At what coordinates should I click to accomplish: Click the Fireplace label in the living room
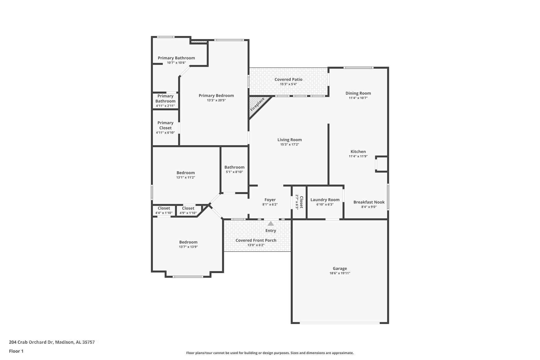[257, 104]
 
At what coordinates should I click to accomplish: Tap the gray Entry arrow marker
[271, 224]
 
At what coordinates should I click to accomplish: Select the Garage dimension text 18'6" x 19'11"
[340, 273]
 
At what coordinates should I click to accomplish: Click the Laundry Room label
[325, 200]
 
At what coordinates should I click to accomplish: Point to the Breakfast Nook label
[369, 202]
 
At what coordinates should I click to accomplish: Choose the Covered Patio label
[288, 79]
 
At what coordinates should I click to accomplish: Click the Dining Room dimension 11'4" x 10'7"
[358, 98]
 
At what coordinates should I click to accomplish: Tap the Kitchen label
[358, 152]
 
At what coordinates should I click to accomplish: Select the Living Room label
[289, 140]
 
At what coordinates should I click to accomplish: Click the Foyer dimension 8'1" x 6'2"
[270, 204]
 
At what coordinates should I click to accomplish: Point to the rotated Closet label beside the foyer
[301, 202]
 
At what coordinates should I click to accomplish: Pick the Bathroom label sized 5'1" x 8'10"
[234, 167]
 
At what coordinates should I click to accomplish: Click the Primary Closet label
[165, 125]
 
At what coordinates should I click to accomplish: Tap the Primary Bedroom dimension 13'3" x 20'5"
[216, 100]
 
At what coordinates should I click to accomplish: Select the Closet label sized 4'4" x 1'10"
[164, 208]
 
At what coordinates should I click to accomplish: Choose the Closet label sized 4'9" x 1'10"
[188, 208]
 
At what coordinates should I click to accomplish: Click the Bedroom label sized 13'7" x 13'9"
[188, 242]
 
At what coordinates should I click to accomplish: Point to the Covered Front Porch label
[256, 240]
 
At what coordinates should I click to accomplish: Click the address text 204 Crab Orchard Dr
[31, 342]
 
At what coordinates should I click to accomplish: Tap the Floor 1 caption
[16, 351]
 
